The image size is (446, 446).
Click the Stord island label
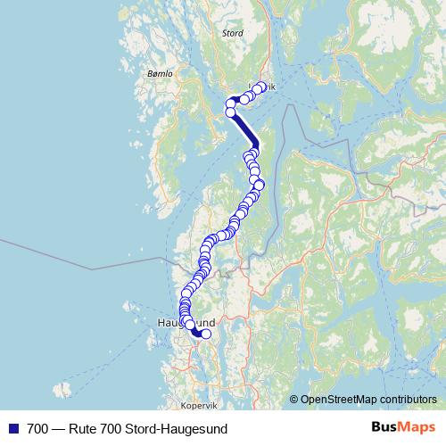coord(232,33)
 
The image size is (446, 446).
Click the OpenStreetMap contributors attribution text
coord(368,400)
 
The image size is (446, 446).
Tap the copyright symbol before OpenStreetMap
coord(294,400)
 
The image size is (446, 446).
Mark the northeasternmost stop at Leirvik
coord(260,87)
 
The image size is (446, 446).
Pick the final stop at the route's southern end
coord(206,334)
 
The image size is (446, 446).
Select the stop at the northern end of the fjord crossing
coord(231,112)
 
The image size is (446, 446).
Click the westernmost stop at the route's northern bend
coord(229,104)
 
